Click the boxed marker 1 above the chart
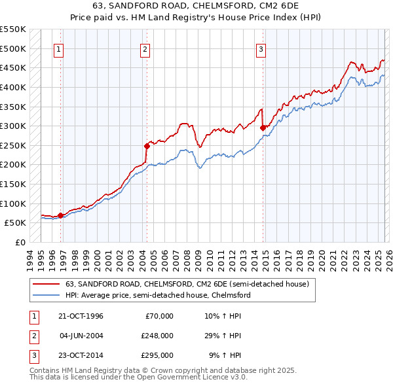[x=59, y=48]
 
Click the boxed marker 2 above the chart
[x=145, y=48]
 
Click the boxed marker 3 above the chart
[x=261, y=48]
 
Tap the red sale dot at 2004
[x=147, y=146]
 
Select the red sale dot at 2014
[x=263, y=128]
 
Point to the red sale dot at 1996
[x=61, y=215]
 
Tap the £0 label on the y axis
[x=20, y=242]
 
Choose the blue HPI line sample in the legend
[x=46, y=295]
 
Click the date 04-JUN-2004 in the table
[x=81, y=336]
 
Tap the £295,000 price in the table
[x=157, y=355]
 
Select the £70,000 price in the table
[x=159, y=316]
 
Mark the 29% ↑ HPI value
[x=226, y=336]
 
